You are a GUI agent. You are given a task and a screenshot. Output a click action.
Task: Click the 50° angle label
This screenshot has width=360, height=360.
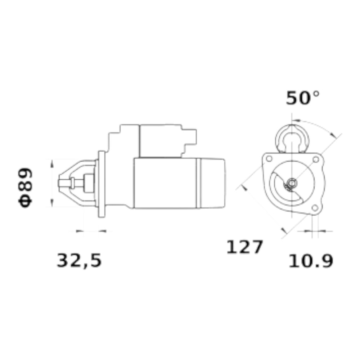[x=302, y=98]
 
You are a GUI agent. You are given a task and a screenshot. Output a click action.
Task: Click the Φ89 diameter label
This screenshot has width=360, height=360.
[x=25, y=188]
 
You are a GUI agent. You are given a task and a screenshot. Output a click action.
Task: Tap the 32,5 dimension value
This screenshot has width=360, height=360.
[x=79, y=261]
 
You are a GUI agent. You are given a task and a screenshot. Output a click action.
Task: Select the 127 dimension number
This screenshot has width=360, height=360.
[x=244, y=247]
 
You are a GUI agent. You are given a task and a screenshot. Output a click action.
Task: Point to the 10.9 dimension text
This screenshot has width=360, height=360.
[x=311, y=261]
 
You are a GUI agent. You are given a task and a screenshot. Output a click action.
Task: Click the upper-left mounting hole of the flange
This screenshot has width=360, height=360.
[x=269, y=159]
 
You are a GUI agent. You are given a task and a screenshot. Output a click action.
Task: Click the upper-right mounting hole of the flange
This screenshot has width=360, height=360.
[x=316, y=159]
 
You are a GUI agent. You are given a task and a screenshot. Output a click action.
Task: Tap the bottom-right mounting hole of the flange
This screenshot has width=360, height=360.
[x=315, y=208]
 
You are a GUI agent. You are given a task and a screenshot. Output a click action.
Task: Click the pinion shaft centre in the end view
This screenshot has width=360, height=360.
[x=292, y=183]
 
